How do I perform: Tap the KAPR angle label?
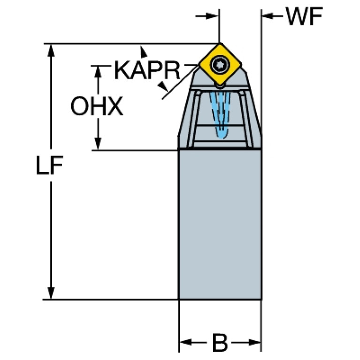tap(147, 71)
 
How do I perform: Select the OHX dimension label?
tap(97, 107)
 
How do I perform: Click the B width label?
tap(219, 344)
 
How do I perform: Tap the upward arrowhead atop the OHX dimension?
tap(98, 71)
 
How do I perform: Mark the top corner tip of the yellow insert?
tap(219, 45)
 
